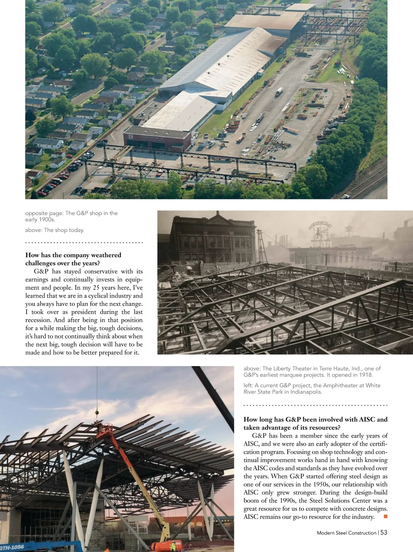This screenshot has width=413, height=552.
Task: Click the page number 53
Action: (x=384, y=532)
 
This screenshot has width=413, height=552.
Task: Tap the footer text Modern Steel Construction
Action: (x=346, y=533)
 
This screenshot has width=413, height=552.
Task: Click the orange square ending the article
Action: (x=385, y=516)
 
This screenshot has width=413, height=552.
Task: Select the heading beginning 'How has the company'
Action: (x=73, y=259)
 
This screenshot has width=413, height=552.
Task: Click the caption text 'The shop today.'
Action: (x=64, y=230)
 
